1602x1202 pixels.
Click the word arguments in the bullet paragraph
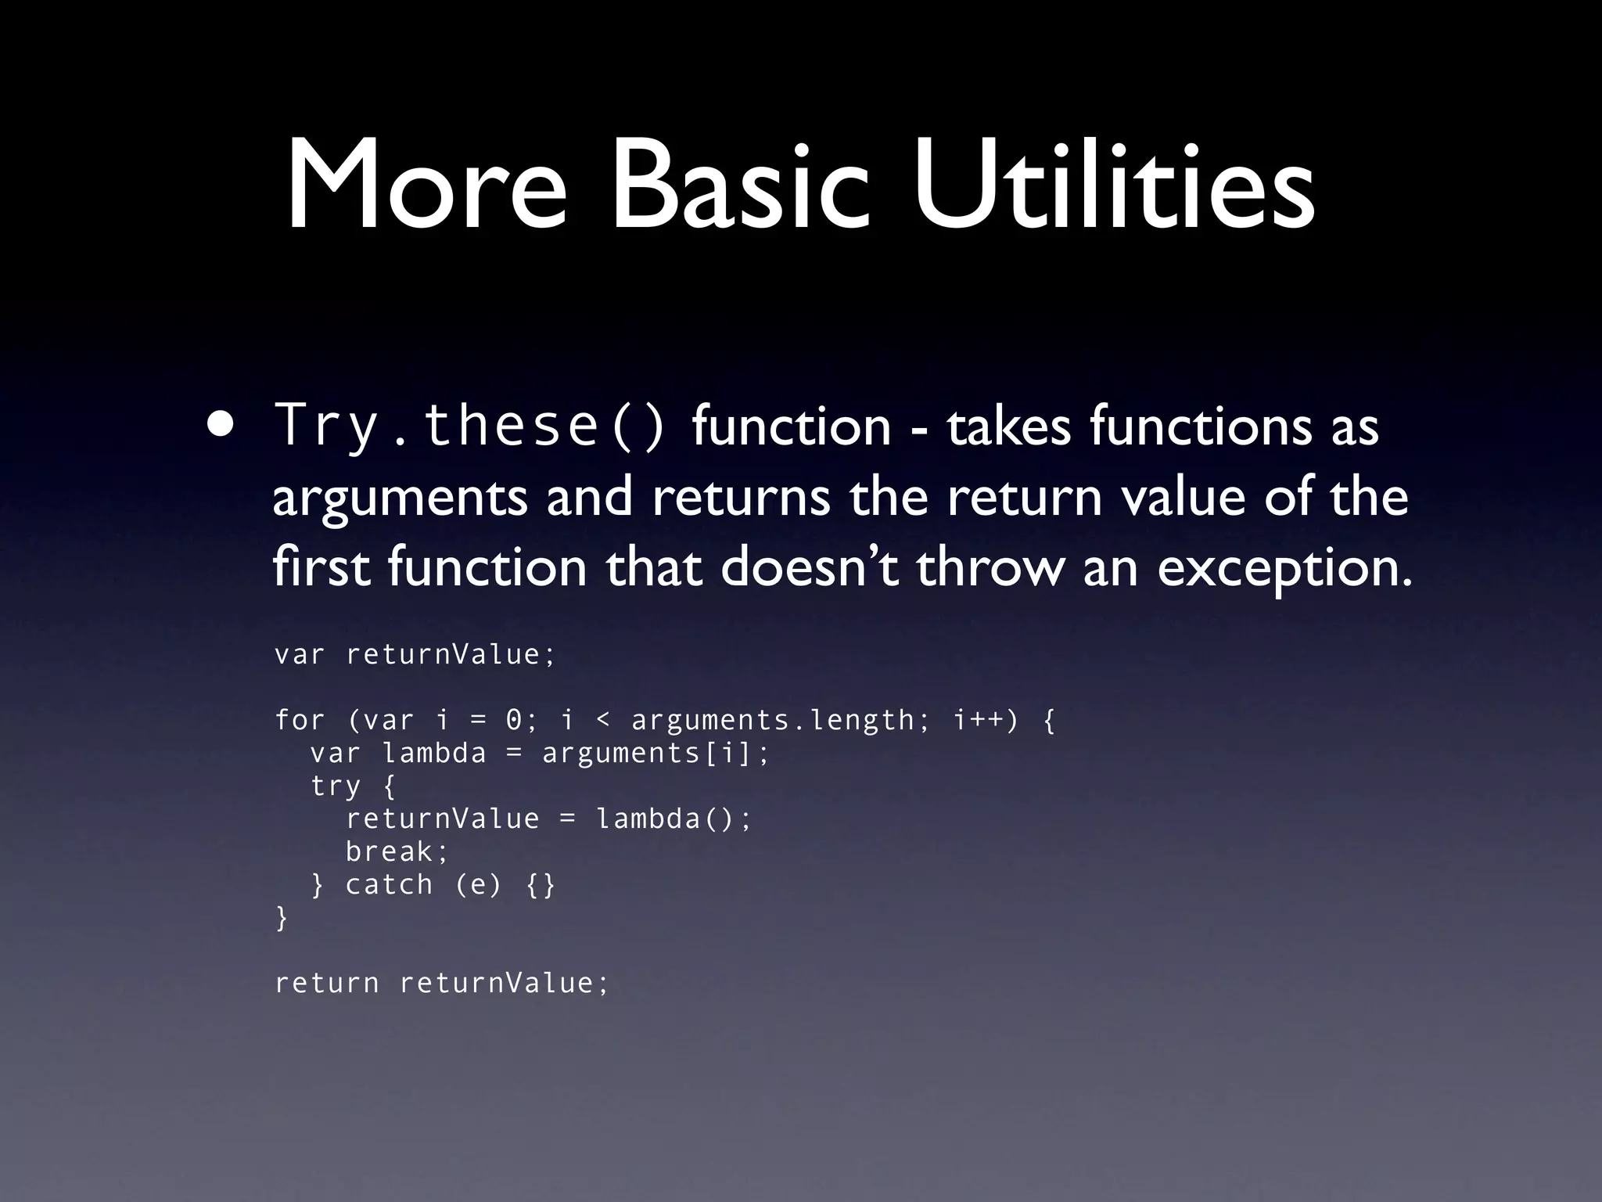pyautogui.click(x=400, y=498)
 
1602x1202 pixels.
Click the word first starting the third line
pyautogui.click(x=321, y=567)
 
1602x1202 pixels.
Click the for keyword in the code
pyautogui.click(x=300, y=719)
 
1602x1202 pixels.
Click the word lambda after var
pyautogui.click(x=434, y=752)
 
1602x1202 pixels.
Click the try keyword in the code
pyautogui.click(x=336, y=786)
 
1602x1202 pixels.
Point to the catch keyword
pyautogui.click(x=389, y=884)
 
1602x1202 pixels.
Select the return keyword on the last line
pyautogui.click(x=327, y=983)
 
